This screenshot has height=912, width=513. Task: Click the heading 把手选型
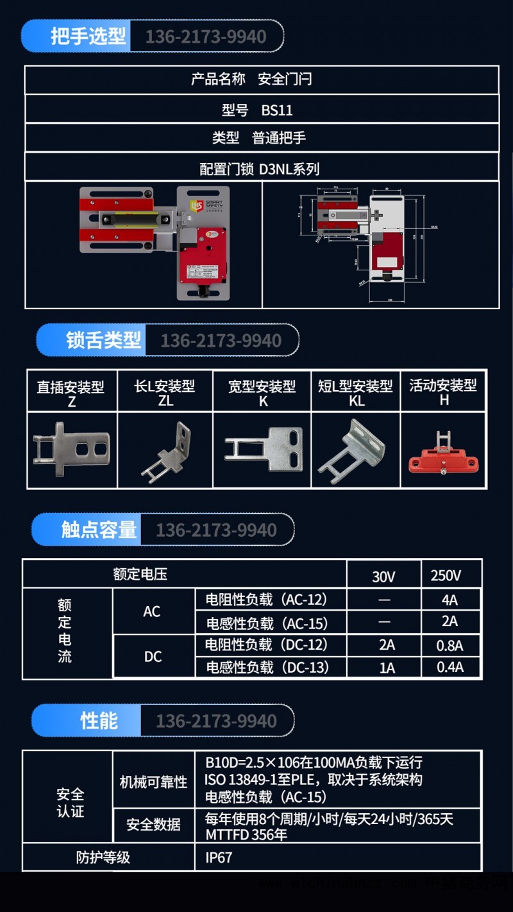coord(88,36)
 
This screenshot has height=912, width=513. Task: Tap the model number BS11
coord(277,110)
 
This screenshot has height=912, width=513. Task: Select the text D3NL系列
coord(289,169)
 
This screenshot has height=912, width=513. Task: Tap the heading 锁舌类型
coord(103,340)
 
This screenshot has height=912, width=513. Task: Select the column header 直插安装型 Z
coord(71,393)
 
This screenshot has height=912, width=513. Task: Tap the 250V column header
coord(446,575)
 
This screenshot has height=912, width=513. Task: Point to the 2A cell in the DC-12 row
coord(387,645)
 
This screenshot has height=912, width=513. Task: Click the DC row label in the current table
coord(153,656)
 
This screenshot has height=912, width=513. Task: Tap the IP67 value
coord(219,857)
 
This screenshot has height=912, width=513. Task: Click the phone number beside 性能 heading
coord(216,721)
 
